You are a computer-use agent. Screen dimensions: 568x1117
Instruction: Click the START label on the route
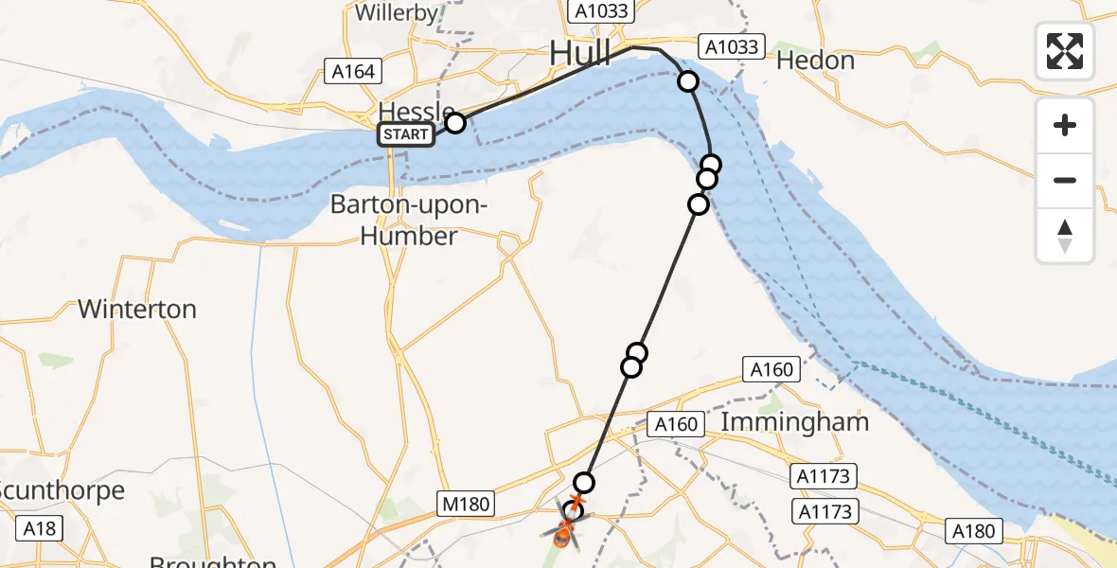(x=406, y=134)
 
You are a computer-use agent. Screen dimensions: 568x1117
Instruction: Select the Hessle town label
(x=417, y=110)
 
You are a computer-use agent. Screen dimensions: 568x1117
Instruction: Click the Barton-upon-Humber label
(x=410, y=220)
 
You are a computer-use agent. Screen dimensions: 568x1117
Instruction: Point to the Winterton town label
(x=137, y=309)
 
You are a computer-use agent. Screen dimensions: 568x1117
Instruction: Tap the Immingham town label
(x=795, y=421)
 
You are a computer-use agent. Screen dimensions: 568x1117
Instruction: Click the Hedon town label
(x=815, y=61)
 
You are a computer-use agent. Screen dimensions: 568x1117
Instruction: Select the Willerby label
(x=397, y=12)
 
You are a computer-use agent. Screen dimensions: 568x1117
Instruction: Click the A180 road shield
(x=974, y=531)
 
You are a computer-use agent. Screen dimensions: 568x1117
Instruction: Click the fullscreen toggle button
(x=1065, y=51)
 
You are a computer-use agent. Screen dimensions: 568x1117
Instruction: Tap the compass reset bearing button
(x=1065, y=236)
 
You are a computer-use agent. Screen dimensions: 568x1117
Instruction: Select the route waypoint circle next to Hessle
(x=455, y=122)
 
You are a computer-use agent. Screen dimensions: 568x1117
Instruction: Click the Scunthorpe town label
(x=62, y=490)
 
